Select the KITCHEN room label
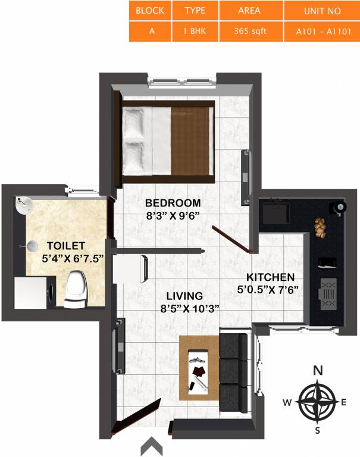[271, 277]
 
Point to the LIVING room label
[184, 296]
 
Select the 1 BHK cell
[195, 32]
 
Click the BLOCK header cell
[150, 11]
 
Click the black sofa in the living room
[233, 370]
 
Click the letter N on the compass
[318, 371]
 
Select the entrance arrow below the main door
[152, 446]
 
